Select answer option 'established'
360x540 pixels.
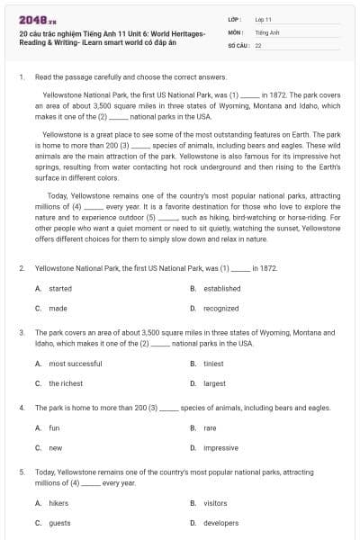[221, 289]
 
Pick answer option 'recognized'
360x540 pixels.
[220, 308]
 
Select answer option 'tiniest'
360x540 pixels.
[213, 364]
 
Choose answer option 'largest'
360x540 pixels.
[214, 383]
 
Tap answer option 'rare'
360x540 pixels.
[210, 427]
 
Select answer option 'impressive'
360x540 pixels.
[220, 447]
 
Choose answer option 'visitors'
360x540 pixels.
[215, 503]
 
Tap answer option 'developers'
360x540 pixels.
[220, 522]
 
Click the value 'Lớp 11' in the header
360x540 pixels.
[263, 19]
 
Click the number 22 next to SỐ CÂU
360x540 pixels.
[258, 44]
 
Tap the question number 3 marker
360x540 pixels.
[21, 333]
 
